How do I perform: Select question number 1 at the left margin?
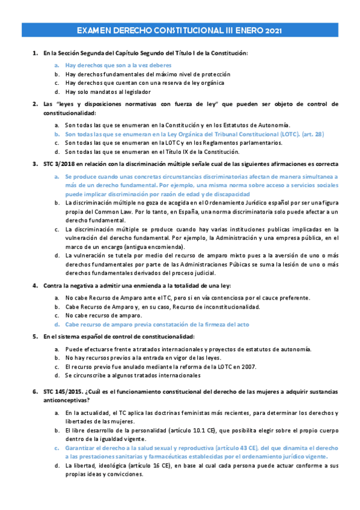coord(35,54)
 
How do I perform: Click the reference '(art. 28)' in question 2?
coord(312,134)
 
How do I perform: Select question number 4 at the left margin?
coord(35,284)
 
